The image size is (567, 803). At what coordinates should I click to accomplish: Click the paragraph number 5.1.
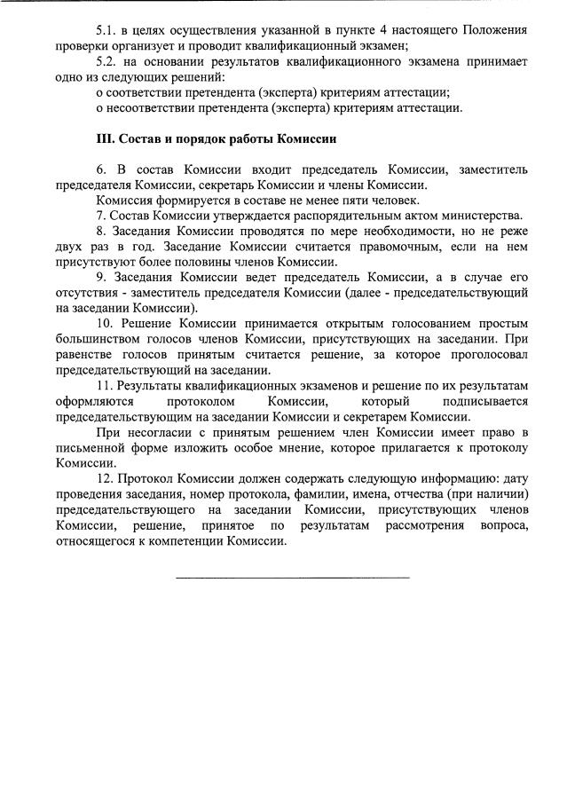click(107, 31)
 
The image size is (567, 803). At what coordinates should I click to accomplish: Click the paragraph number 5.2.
click(107, 62)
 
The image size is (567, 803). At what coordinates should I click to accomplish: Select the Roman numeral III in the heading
click(106, 140)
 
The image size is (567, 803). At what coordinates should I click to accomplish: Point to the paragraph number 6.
click(100, 170)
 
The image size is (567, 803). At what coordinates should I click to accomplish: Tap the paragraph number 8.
click(100, 232)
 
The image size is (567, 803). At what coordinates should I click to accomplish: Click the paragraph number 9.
click(100, 278)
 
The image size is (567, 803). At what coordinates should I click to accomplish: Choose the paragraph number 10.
click(104, 324)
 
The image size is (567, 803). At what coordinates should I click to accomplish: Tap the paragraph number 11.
click(104, 386)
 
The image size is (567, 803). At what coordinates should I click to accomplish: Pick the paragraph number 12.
click(104, 479)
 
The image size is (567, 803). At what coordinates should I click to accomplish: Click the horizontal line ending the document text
click(293, 578)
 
